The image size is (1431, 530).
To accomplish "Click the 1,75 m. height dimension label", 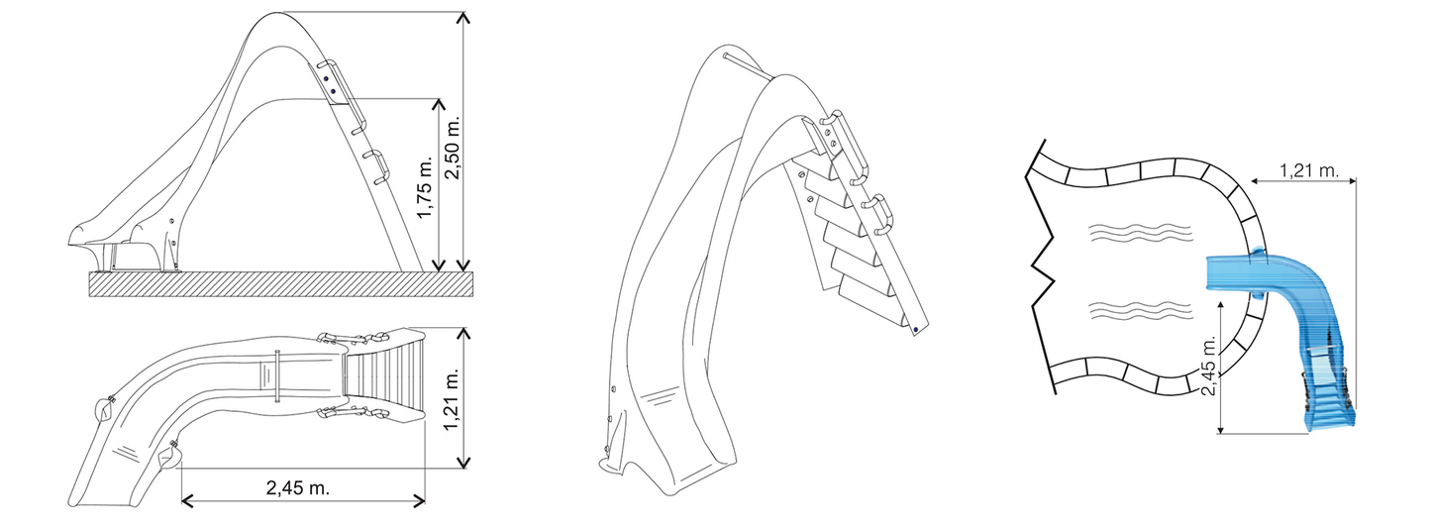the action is coord(425,186).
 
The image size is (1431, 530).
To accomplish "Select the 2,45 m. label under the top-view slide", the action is coord(298,488).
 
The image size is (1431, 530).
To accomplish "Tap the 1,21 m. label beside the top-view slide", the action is coord(453,399).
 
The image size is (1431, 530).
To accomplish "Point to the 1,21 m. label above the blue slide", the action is coord(1308,170).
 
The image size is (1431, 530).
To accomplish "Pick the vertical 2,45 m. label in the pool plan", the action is coord(1209,366).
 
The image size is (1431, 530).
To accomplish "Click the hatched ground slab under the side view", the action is coord(281,284).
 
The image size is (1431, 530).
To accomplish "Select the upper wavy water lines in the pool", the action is coord(1140,234).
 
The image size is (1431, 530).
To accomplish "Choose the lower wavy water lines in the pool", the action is coord(1140,310).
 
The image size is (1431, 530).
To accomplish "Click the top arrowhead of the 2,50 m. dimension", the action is coord(463,17).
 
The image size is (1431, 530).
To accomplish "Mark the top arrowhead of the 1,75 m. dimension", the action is coord(438,104).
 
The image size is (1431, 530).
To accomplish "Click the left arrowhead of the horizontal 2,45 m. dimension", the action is coord(187,500).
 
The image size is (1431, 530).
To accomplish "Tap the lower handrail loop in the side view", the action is coord(379,166).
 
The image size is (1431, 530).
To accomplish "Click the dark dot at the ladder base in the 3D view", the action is coord(917,329).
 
